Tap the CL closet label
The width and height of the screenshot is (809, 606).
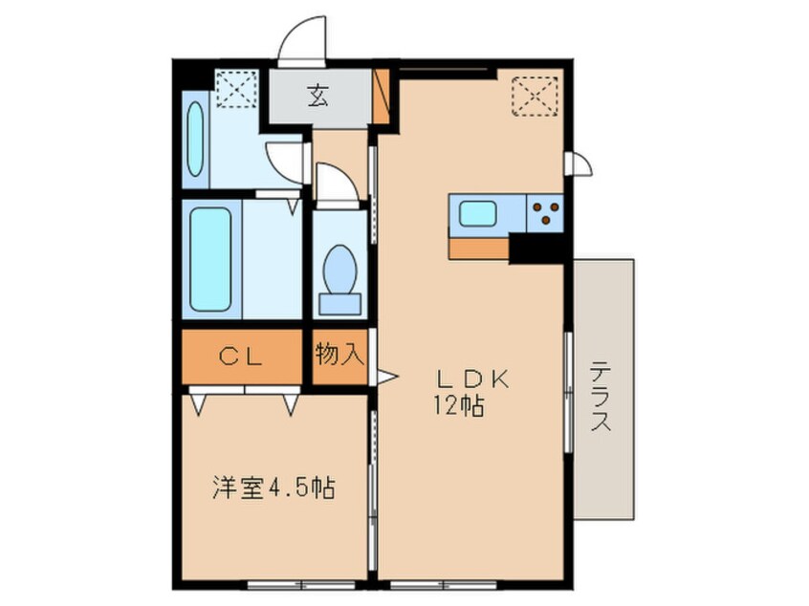(243, 357)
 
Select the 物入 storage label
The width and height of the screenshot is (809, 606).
(339, 356)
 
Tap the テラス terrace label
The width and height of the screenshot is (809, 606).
(601, 397)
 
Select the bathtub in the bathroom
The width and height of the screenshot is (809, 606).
(210, 258)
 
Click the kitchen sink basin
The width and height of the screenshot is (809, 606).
(478, 213)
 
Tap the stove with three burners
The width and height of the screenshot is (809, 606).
(545, 213)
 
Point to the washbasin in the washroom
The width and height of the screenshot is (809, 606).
(195, 141)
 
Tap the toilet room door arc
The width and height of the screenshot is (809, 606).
(336, 182)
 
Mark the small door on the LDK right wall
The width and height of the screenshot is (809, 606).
(579, 164)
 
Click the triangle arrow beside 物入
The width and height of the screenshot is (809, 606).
(385, 377)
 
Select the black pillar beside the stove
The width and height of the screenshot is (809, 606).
(538, 247)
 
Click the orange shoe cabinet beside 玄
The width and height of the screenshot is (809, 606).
(382, 96)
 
